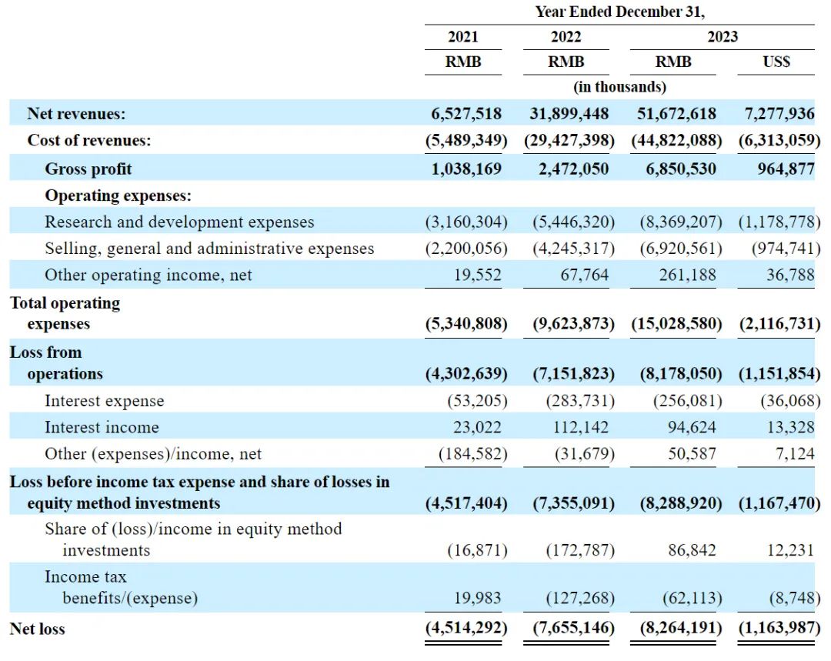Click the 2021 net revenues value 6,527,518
click(466, 114)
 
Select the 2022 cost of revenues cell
click(569, 141)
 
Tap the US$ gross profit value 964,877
click(778, 169)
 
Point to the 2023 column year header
click(723, 36)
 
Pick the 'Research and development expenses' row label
click(179, 222)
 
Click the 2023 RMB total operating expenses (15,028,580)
click(677, 324)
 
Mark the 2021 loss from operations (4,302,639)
click(466, 374)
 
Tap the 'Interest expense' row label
click(104, 401)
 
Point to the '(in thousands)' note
click(620, 87)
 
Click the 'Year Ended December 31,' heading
click(620, 12)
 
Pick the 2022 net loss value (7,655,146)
click(574, 628)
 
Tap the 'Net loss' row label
click(37, 629)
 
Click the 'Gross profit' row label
click(88, 169)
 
